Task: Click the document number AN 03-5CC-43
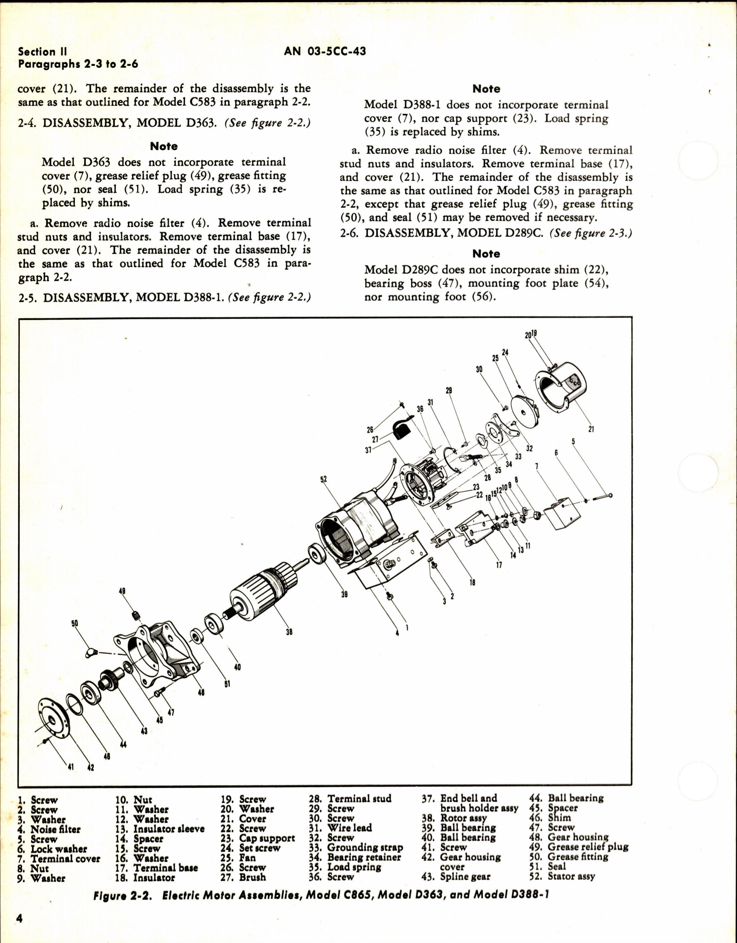coord(325,51)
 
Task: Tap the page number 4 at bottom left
coord(19,917)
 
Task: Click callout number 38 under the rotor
coord(289,632)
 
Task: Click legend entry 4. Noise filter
coord(49,829)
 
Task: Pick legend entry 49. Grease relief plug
coord(578,847)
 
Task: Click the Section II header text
coord(42,52)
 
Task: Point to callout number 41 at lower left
coord(70,767)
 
